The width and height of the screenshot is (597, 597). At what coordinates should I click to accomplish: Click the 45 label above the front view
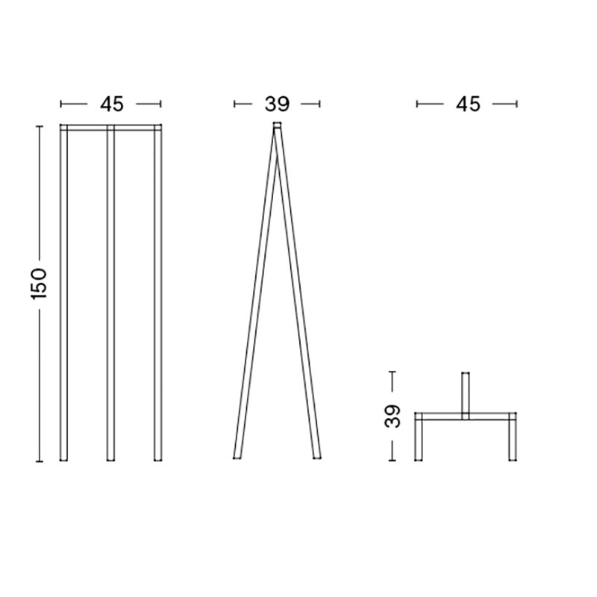110,104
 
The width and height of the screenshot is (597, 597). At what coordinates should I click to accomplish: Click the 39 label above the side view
277,104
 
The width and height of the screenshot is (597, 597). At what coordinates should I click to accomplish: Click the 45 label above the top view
468,104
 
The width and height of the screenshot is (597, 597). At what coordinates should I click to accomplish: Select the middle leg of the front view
110,298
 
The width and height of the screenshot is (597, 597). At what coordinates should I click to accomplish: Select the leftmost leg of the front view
63,298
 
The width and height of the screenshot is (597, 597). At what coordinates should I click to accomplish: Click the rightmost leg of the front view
158,298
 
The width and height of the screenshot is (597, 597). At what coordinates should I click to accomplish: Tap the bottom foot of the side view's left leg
237,455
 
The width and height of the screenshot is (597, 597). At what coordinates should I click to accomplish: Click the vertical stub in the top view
466,392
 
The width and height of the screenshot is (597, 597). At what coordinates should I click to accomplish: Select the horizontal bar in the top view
466,415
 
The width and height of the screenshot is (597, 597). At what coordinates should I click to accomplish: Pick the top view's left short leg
419,440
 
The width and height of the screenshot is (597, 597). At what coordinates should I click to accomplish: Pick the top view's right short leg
512,440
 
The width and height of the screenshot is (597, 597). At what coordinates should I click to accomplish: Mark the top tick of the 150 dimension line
40,126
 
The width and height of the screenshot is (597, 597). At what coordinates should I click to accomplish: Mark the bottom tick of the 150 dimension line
40,461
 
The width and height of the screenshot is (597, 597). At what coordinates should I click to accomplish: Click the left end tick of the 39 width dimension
235,104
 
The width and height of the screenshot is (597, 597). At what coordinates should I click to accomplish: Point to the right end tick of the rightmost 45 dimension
516,104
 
